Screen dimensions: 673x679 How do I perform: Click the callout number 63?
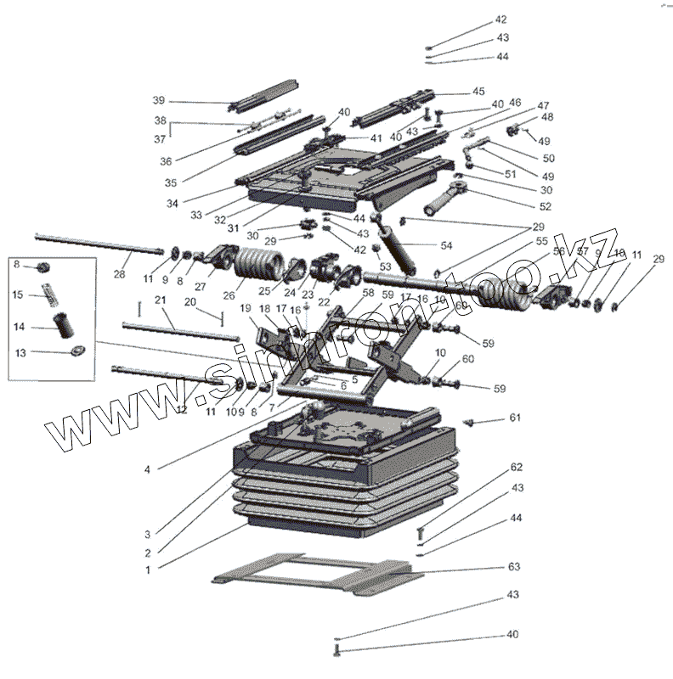(513, 566)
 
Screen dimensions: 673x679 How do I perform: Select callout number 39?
(158, 100)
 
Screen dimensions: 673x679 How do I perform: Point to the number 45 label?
(478, 91)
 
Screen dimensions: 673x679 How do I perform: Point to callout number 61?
(514, 418)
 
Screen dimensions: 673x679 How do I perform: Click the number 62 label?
(517, 468)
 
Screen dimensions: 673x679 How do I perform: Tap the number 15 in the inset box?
(17, 295)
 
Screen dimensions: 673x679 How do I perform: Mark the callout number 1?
(147, 570)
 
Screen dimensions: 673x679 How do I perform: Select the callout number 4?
(147, 469)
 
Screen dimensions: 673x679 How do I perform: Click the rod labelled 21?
(178, 326)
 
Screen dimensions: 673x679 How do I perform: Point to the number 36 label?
(166, 161)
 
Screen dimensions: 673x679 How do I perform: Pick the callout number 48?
(546, 116)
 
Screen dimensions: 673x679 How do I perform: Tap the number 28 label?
(119, 275)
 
